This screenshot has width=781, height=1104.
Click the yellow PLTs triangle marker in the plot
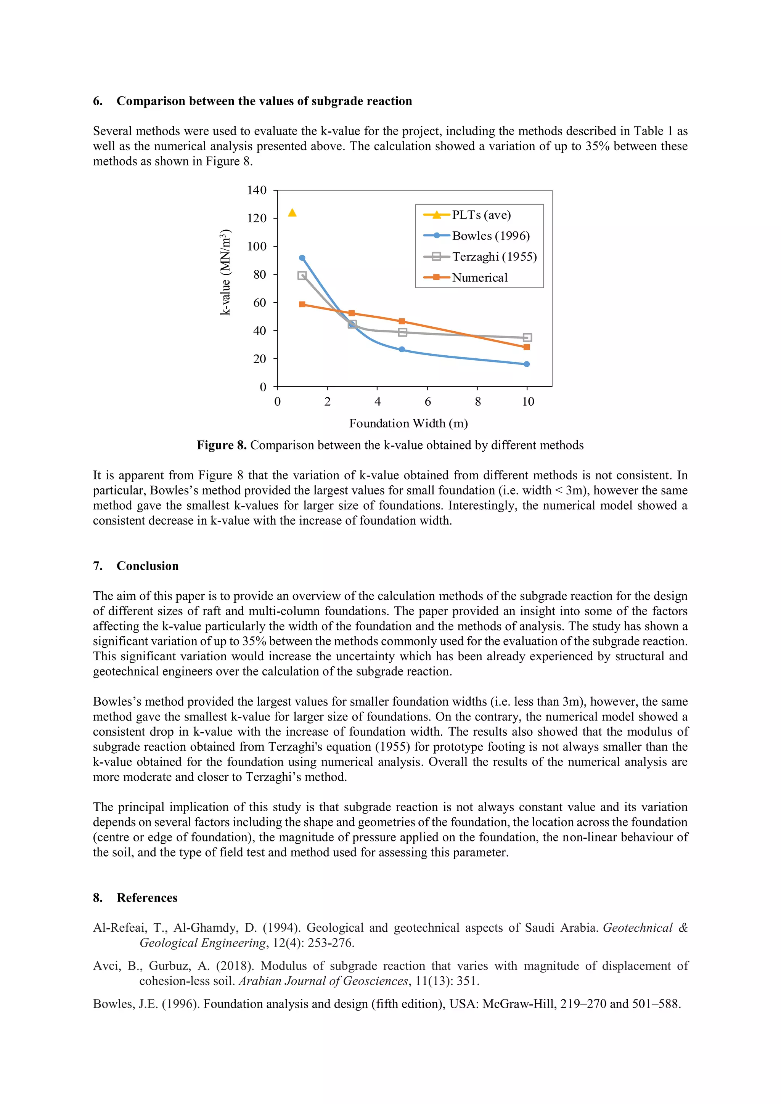(x=292, y=213)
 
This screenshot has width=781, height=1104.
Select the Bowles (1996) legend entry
(x=490, y=236)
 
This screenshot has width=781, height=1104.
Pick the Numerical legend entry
(x=479, y=278)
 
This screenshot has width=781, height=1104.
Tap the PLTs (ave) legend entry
(x=481, y=215)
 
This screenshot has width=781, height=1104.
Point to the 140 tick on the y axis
(x=257, y=190)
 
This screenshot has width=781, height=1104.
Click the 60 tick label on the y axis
(x=259, y=302)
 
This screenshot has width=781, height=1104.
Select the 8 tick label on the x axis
(x=477, y=402)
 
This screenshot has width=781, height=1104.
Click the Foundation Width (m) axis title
(x=408, y=423)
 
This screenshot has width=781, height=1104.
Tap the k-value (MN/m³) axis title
(x=225, y=272)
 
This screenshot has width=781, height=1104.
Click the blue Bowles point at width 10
(x=527, y=364)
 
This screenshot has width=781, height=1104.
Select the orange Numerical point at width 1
(x=302, y=304)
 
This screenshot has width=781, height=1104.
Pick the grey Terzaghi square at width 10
(x=527, y=337)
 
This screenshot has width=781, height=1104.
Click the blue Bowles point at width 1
(x=302, y=258)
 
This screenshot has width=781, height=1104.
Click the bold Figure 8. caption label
(x=221, y=445)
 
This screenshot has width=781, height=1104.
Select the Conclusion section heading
(x=147, y=566)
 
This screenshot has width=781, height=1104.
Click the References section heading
(x=147, y=898)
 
